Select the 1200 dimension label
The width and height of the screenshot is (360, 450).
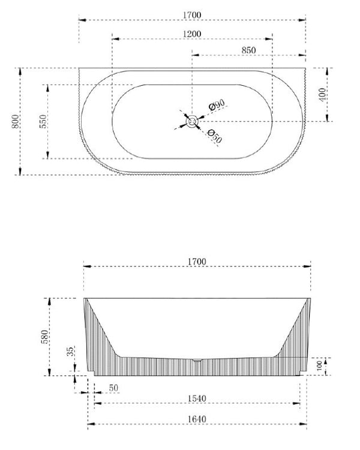193,34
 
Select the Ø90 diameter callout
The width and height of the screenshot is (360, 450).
216,106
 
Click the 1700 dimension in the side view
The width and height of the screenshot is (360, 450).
197,262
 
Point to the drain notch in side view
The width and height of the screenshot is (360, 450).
197,360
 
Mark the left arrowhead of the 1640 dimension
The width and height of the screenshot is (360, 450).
90,425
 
